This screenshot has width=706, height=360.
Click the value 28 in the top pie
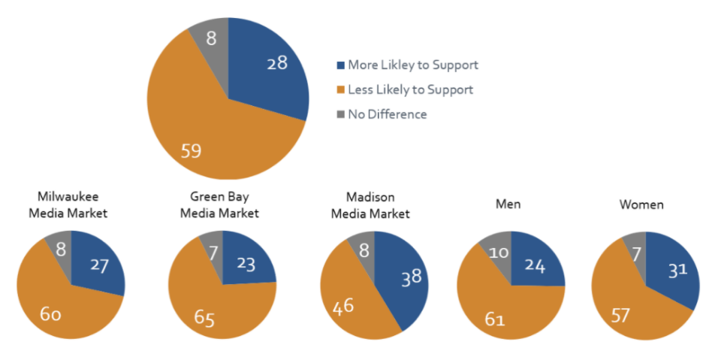(x=277, y=63)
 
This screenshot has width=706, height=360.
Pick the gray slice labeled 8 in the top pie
(x=212, y=38)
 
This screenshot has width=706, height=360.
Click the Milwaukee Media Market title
(x=68, y=205)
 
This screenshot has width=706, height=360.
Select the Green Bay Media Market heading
(x=219, y=205)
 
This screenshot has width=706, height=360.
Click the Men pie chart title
(x=508, y=204)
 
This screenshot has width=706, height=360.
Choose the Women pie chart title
(x=641, y=204)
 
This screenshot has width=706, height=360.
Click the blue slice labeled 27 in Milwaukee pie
(x=100, y=264)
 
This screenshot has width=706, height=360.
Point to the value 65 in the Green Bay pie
(x=204, y=319)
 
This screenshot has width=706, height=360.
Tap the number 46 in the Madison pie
(x=344, y=307)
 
